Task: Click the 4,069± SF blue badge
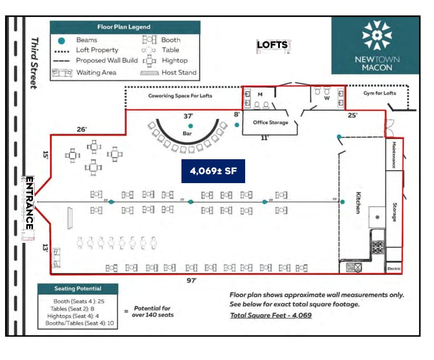213,171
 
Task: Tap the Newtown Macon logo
377,45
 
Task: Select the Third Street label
34,63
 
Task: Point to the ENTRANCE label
29,202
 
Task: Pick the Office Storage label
270,122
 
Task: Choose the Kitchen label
358,202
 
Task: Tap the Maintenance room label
393,155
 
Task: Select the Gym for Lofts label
379,93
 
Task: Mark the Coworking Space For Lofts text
180,96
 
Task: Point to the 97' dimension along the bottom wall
192,280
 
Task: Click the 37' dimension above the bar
189,116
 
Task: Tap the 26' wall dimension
82,130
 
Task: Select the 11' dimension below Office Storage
265,138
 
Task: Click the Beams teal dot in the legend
62,40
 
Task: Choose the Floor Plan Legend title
124,27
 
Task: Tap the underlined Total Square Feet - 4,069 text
271,315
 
